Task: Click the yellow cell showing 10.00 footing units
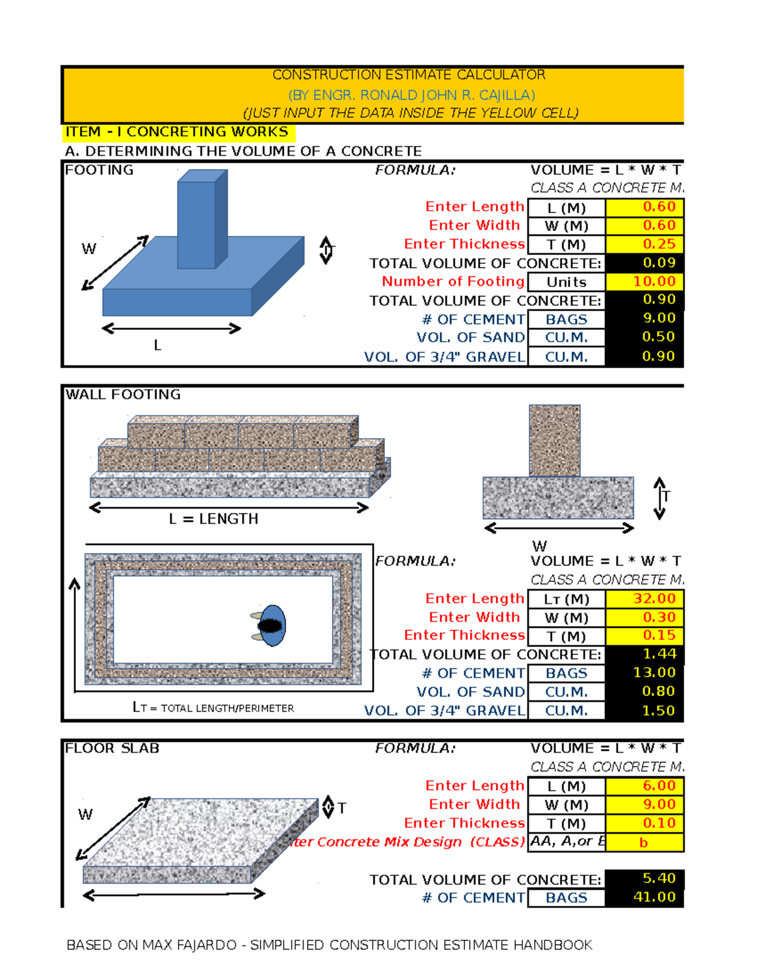(645, 281)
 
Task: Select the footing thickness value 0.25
(645, 244)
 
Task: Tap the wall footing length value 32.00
(645, 598)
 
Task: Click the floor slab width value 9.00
(645, 805)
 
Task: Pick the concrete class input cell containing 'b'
(645, 842)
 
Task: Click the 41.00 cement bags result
(645, 897)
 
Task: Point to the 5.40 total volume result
(645, 878)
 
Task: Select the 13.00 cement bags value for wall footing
(645, 673)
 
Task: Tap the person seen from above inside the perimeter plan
(270, 625)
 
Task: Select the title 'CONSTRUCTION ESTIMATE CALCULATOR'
(409, 75)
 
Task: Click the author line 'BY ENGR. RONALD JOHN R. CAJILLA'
(411, 95)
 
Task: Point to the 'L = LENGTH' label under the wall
(213, 519)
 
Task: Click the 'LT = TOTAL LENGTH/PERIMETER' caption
(213, 708)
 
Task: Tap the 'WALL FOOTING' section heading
(123, 394)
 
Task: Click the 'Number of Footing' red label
(453, 281)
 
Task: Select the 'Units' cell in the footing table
(566, 282)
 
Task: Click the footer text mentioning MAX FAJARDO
(329, 945)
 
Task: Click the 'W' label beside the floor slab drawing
(85, 815)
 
